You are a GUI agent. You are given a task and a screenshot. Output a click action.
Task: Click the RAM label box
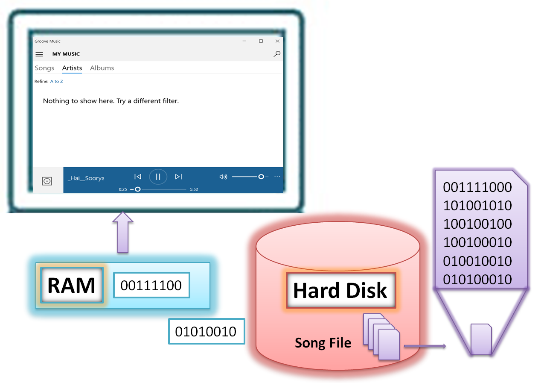point(72,285)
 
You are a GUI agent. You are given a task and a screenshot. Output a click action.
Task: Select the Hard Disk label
point(340,290)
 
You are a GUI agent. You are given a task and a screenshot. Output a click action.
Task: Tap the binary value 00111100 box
point(151,285)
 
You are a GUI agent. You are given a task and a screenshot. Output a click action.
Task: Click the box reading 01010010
point(207,331)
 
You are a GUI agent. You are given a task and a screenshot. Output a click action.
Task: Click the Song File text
point(323,342)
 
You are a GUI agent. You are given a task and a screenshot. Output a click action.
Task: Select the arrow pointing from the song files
point(425,346)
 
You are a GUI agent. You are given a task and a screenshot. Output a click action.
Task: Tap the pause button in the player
point(158,177)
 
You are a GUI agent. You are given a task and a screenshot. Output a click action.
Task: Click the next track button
point(178,177)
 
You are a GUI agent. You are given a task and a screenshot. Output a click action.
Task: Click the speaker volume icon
point(223,177)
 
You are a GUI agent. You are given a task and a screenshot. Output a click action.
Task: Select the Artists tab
point(72,68)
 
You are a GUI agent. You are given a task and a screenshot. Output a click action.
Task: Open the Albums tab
point(102,68)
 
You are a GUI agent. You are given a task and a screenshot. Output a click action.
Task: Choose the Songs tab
point(44,68)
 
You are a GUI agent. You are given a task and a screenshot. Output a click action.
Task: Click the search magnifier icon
point(277,54)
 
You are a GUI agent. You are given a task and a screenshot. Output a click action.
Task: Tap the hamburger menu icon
point(39,54)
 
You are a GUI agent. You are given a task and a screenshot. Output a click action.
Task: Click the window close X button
point(277,41)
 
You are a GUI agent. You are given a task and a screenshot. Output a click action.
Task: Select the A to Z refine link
point(57,81)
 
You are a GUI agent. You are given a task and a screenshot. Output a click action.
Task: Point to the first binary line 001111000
point(477,187)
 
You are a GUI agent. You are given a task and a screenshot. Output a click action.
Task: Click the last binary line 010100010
point(477,280)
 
